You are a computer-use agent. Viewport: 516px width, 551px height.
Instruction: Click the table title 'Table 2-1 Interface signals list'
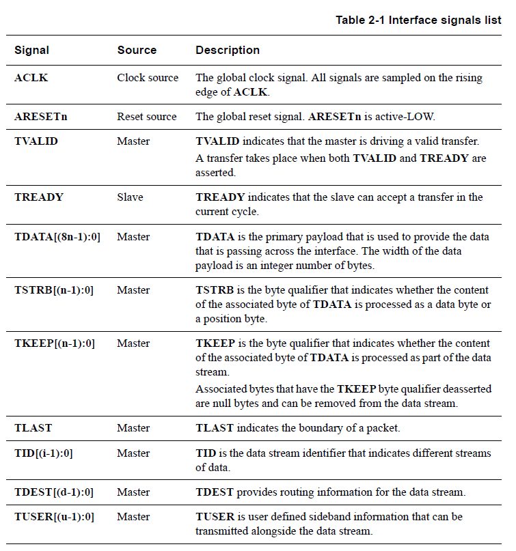click(418, 20)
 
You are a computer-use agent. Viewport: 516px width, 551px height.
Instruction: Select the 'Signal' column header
click(31, 51)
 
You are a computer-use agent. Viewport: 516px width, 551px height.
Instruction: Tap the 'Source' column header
click(137, 51)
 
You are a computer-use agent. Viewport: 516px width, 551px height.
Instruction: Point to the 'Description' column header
click(228, 51)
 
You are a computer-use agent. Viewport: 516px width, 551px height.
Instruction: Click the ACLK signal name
click(31, 78)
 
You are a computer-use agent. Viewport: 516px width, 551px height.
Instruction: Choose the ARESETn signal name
click(41, 117)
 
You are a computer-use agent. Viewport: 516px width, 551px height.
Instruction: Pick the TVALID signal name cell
click(36, 142)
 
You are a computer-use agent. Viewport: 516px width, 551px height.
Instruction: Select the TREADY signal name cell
click(39, 197)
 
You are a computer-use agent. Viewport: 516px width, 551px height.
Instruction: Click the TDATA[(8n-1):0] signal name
click(57, 237)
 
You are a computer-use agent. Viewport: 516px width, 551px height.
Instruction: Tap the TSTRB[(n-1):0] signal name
click(54, 290)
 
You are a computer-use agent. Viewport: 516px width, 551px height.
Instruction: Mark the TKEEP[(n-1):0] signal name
click(55, 343)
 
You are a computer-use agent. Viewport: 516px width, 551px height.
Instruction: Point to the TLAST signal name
click(33, 428)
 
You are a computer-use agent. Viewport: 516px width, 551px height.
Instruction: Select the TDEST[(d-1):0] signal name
click(54, 492)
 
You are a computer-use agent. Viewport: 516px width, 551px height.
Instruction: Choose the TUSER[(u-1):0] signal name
click(54, 517)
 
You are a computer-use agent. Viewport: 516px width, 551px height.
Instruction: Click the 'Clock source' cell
click(148, 78)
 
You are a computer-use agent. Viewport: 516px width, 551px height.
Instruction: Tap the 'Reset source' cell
click(147, 117)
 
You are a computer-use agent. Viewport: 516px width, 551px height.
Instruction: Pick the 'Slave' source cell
click(131, 197)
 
